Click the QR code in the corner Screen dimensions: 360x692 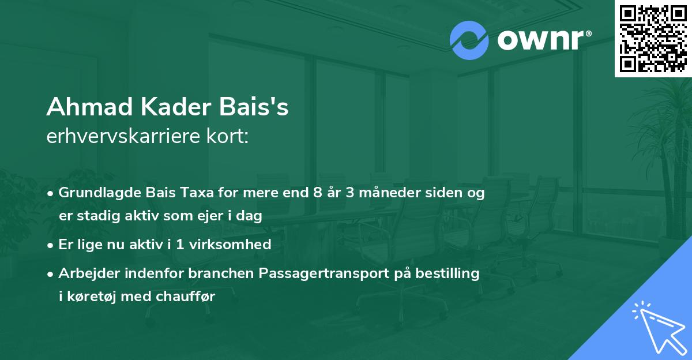653,39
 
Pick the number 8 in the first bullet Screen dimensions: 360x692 317,193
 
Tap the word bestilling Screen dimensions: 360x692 449,273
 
